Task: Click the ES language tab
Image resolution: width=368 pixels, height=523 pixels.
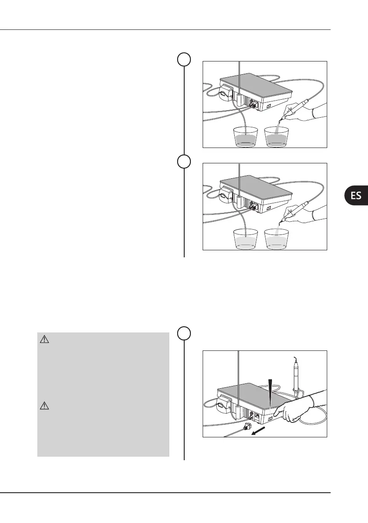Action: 356,195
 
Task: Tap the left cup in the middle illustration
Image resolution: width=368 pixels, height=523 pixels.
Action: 246,238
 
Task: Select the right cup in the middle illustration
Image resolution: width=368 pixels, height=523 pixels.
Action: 277,238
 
